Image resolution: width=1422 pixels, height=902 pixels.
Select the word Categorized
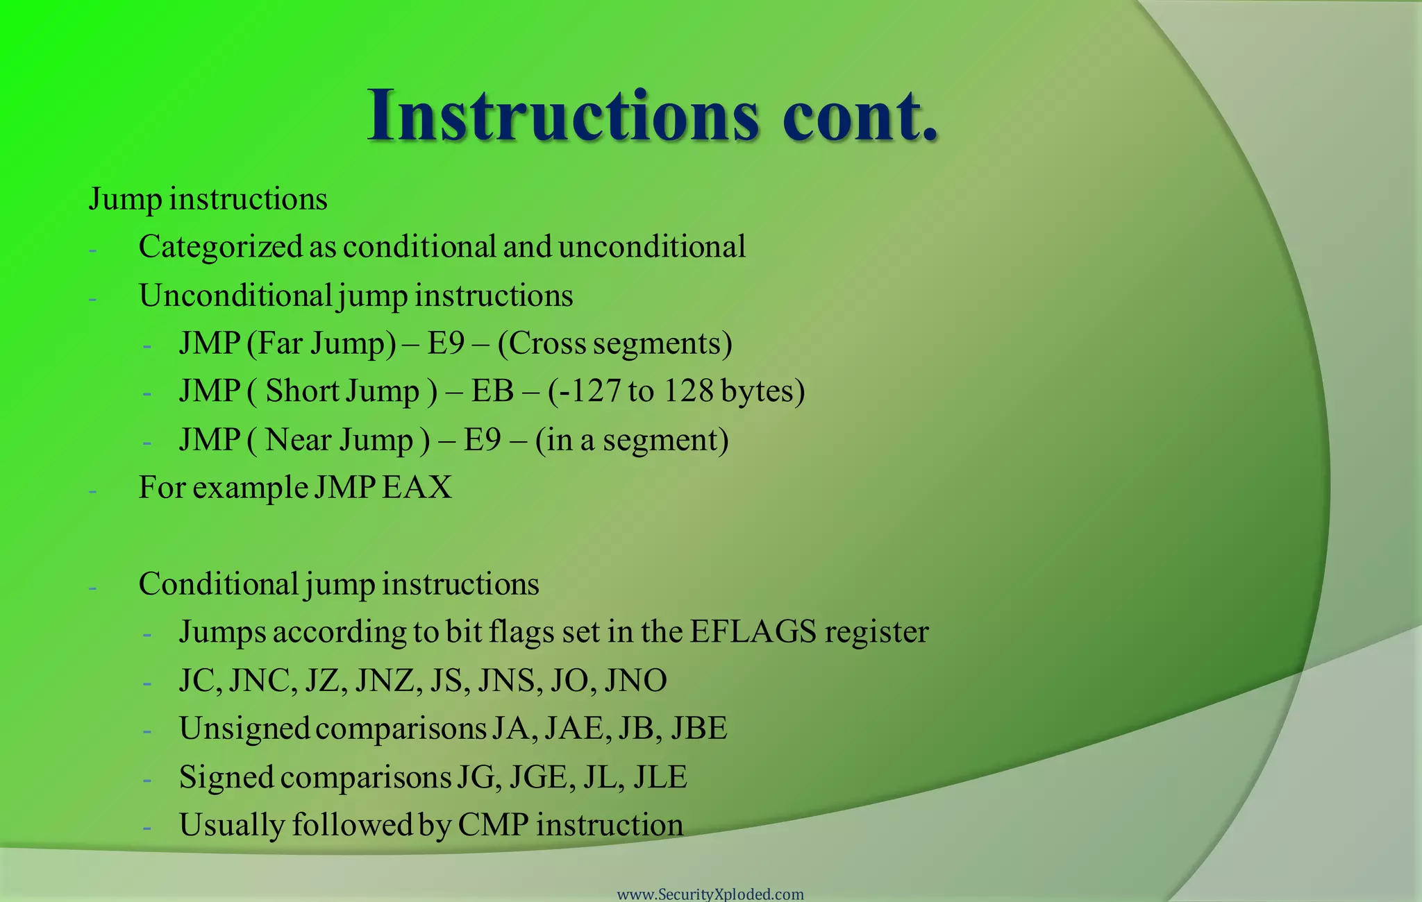[221, 247]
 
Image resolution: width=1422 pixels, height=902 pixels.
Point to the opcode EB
[492, 391]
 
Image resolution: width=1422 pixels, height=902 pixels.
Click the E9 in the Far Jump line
[445, 343]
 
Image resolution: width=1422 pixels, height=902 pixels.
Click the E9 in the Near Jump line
[482, 440]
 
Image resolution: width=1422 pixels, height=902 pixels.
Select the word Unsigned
[244, 729]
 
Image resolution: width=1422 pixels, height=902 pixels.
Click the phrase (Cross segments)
[614, 343]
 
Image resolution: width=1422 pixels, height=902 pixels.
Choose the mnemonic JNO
[635, 681]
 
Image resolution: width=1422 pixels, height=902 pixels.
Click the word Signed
[226, 777]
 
